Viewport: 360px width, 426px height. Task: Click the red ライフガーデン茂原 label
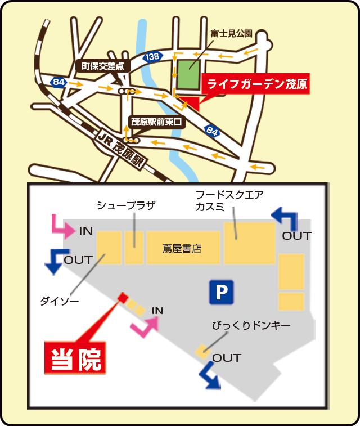pyautogui.click(x=256, y=85)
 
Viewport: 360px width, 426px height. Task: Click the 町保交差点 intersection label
pyautogui.click(x=103, y=66)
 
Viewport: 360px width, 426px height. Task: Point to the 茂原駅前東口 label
pyautogui.click(x=157, y=121)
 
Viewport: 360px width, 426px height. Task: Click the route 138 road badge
pyautogui.click(x=152, y=56)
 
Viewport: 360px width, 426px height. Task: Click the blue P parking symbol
pyautogui.click(x=221, y=292)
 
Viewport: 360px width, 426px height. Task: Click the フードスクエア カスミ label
pyautogui.click(x=229, y=200)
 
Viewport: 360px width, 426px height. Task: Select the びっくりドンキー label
pyautogui.click(x=251, y=326)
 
